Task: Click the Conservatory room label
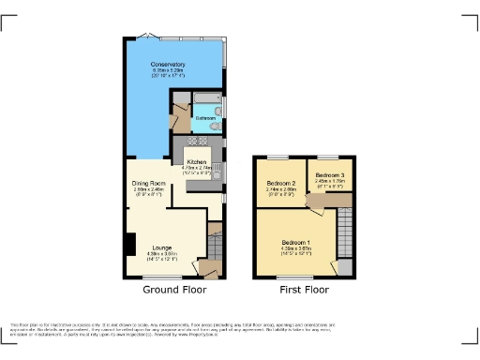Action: (x=170, y=64)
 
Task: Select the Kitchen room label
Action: (x=196, y=162)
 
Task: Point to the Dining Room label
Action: (x=148, y=183)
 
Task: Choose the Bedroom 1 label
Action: (x=295, y=242)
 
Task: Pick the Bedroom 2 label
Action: (x=281, y=183)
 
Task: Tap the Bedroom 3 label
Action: (x=329, y=175)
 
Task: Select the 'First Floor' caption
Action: (x=304, y=291)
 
